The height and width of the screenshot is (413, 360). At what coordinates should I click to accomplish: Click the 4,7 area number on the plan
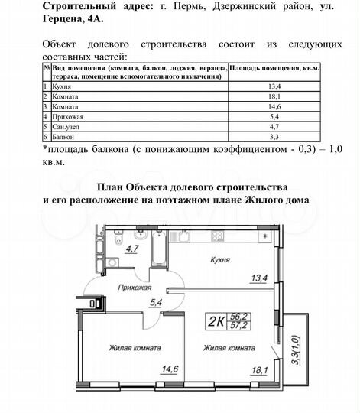(x=131, y=249)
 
